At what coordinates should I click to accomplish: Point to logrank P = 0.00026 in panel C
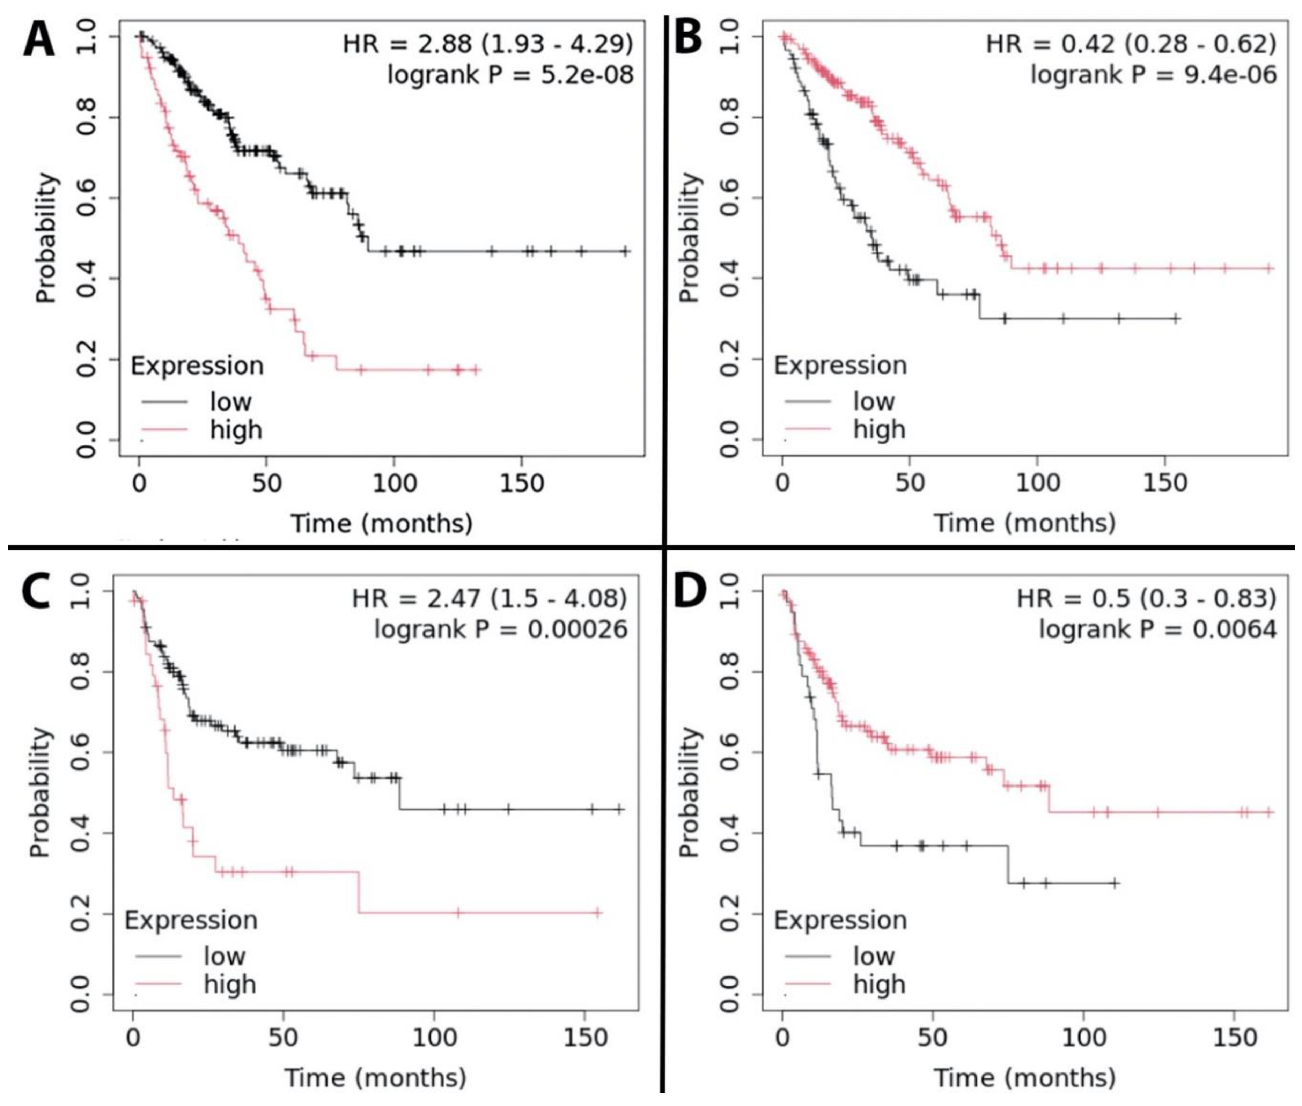tap(500, 629)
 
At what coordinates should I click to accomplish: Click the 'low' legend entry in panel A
tap(230, 401)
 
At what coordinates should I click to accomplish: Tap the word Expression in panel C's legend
tap(191, 920)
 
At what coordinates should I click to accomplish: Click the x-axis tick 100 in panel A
tap(394, 484)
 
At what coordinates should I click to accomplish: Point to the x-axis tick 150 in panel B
tap(1164, 484)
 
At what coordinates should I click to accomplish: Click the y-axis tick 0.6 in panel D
tap(729, 752)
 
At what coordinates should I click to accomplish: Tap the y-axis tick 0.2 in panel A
tap(86, 359)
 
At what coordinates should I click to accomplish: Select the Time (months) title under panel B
tap(1025, 522)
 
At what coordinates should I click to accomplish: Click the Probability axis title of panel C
tap(39, 792)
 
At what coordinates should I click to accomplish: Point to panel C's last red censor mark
tap(598, 913)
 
